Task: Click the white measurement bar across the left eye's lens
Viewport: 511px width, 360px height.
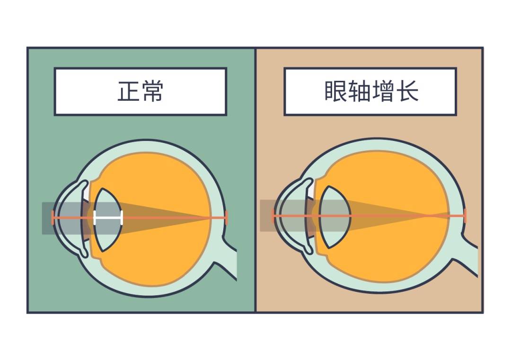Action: tap(108, 218)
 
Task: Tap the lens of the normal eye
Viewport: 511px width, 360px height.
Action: tap(107, 220)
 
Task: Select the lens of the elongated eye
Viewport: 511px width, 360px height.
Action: tap(334, 217)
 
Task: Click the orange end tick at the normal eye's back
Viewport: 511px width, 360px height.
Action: tap(226, 218)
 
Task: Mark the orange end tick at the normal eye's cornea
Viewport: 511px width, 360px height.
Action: tap(53, 218)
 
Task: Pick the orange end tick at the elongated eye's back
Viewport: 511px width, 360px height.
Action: tap(465, 216)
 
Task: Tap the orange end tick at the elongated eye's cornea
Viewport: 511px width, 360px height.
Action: tap(273, 216)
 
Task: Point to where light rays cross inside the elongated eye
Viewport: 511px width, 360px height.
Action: tap(426, 216)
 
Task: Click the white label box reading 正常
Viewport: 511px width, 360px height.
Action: tap(141, 92)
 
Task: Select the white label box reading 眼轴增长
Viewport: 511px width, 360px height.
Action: tap(370, 92)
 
